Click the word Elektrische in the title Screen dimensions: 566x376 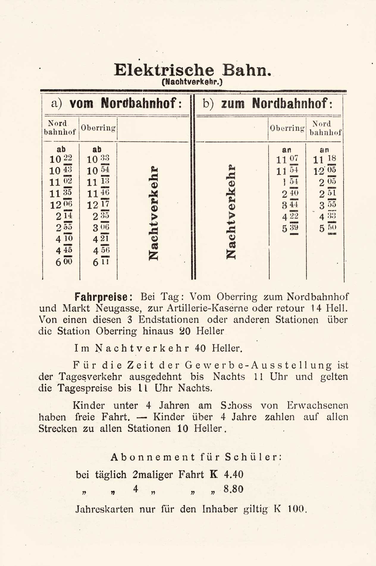[x=164, y=71]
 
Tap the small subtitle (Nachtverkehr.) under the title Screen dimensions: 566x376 [x=192, y=82]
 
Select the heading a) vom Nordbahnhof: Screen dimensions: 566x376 [x=116, y=103]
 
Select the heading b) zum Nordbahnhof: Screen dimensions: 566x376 [x=268, y=103]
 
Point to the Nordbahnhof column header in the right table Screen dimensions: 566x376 [x=325, y=128]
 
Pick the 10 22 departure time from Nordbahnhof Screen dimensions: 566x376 [x=61, y=159]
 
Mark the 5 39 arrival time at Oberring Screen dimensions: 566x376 [x=290, y=228]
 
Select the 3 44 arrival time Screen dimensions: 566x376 [x=290, y=205]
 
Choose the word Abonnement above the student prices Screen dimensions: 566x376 [x=153, y=457]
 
